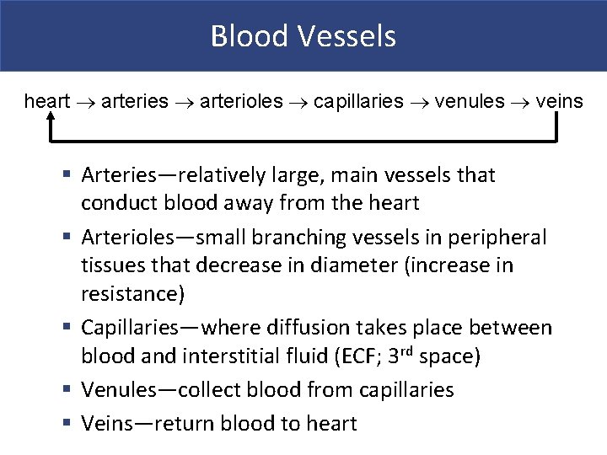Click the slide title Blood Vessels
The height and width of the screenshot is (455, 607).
click(x=303, y=36)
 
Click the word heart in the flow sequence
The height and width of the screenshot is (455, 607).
click(x=47, y=102)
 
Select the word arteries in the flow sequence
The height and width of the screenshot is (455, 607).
click(x=135, y=102)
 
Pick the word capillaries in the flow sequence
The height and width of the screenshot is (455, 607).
click(x=358, y=102)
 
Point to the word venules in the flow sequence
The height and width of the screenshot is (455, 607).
click(x=470, y=102)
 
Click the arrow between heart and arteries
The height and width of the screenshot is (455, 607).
click(x=86, y=103)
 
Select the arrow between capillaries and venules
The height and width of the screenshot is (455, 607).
click(x=419, y=103)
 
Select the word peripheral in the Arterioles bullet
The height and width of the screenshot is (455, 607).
click(x=499, y=238)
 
